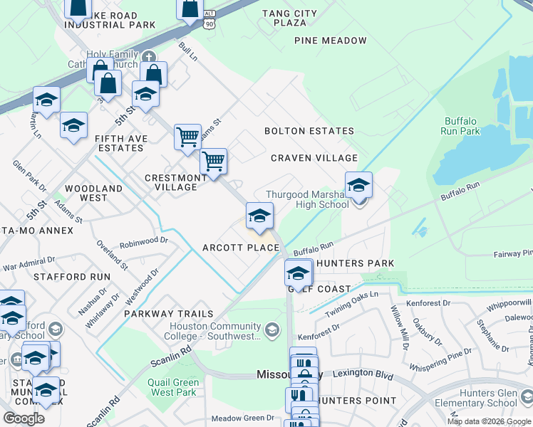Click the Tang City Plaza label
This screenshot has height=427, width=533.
[289, 18]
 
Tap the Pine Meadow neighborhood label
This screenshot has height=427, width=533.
[331, 41]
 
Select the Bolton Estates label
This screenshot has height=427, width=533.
[309, 131]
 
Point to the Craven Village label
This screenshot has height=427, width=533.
[314, 158]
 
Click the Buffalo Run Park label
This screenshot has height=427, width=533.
[462, 126]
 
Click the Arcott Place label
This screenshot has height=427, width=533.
[241, 248]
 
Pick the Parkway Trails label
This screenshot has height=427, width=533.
[169, 314]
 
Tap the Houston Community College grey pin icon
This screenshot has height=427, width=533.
[271, 330]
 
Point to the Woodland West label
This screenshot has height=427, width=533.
[93, 194]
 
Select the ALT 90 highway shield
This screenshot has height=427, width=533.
[207, 19]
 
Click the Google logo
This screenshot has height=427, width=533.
[24, 418]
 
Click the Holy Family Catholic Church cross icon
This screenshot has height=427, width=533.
[148, 58]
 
